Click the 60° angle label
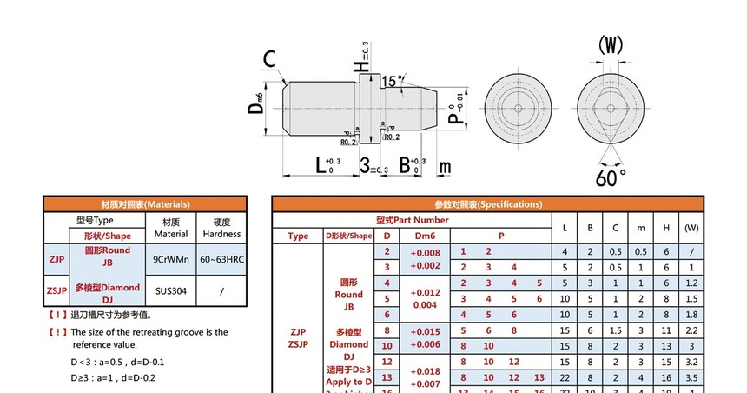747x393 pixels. coord(611,177)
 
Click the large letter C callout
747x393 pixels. coord(270,59)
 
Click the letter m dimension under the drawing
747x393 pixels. coord(445,165)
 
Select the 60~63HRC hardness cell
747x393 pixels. coord(222,259)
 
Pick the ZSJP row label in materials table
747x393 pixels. coord(56,292)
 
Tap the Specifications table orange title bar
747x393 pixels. coord(492,204)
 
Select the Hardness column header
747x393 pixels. coord(222,228)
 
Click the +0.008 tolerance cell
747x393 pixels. coord(425,252)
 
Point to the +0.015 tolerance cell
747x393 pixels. coord(425,330)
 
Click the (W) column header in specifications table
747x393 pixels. coord(691,228)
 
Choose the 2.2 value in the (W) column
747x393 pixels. coord(691,330)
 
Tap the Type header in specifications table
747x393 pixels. coord(298,236)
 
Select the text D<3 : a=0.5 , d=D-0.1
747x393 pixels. coord(117,361)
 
